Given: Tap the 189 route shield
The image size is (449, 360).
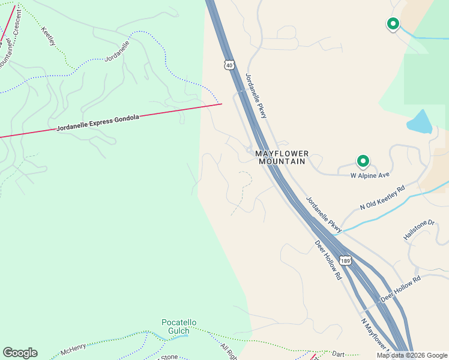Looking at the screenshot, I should (345, 261).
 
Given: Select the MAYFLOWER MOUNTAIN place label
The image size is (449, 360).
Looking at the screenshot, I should (282, 158).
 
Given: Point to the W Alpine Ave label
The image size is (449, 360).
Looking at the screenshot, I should (370, 176).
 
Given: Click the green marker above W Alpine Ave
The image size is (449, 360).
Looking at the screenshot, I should (363, 161).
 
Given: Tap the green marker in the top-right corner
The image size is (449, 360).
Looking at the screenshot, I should (393, 24).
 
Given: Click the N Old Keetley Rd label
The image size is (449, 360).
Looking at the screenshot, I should (382, 197).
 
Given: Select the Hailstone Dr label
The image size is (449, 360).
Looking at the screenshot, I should (418, 230).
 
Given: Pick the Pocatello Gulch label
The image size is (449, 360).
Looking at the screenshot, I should (179, 326).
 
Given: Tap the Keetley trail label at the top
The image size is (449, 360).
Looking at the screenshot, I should (49, 35).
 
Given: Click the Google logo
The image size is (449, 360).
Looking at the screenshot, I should (20, 353).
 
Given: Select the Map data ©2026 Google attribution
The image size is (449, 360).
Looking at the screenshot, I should (411, 355).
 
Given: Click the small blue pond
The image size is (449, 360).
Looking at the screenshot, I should (420, 122).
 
